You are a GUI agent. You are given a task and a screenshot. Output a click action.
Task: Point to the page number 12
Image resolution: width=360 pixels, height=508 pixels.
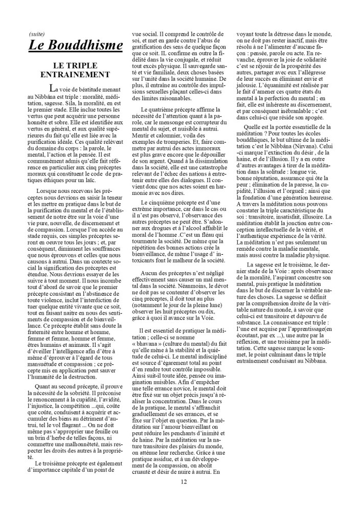click(184, 481)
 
